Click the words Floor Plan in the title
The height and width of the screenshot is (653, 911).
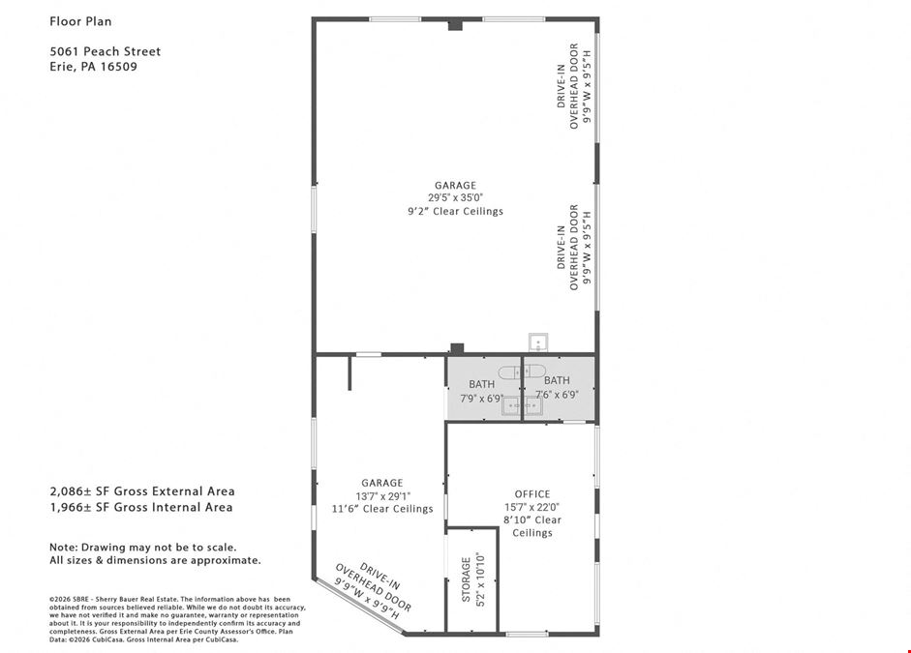pos(80,21)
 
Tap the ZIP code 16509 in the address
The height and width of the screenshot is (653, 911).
pos(118,66)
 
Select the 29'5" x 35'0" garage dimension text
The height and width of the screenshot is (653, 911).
pos(455,198)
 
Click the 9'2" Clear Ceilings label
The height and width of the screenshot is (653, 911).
pos(455,211)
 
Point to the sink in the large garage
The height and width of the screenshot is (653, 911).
pos(538,342)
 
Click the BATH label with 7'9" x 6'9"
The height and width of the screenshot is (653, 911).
pos(482,384)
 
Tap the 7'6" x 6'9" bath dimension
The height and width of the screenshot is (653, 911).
pos(557,395)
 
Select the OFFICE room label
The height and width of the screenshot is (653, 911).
pos(532,494)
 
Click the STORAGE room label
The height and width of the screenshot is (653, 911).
pos(466,579)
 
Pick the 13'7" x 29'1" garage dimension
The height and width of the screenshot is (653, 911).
pos(382,496)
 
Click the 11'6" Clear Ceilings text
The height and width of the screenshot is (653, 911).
pos(382,509)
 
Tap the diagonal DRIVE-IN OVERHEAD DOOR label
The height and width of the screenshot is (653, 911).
pos(373,590)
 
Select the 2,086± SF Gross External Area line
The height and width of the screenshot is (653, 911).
pos(142,491)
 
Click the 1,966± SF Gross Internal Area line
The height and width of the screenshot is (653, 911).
pos(141,507)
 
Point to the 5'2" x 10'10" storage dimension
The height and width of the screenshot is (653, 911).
pos(480,579)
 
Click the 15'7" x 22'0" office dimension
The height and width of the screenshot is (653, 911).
pos(532,507)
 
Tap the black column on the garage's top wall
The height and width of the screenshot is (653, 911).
pos(455,25)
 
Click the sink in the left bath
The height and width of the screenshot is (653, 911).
pos(512,406)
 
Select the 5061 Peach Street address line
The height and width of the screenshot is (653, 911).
pos(106,51)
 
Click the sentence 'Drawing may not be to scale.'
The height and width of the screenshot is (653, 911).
pos(159,548)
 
